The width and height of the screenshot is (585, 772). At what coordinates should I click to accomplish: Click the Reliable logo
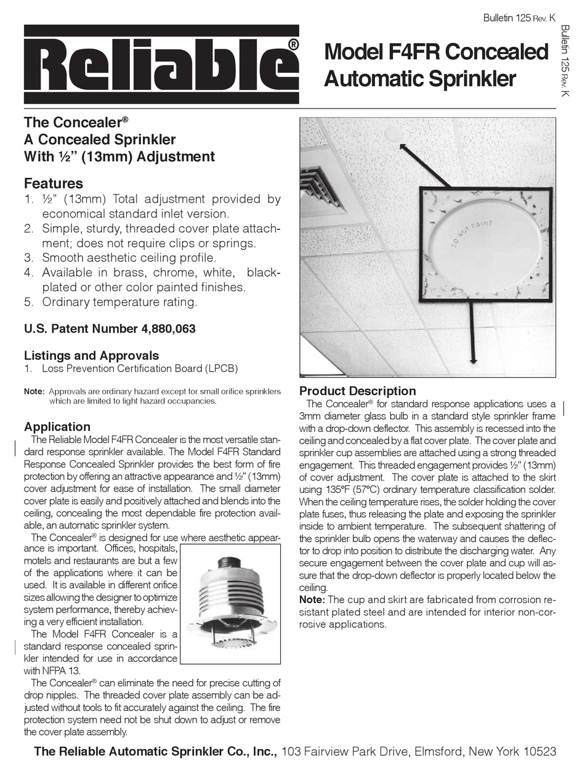point(161,64)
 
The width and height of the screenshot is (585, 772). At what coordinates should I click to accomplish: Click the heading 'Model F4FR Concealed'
point(436,52)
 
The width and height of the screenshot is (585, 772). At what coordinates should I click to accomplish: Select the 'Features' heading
point(53,183)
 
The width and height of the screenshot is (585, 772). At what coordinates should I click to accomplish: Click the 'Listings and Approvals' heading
point(91,356)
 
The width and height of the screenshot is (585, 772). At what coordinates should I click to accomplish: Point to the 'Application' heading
point(57,426)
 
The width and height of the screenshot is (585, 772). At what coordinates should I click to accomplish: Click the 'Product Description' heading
point(357,391)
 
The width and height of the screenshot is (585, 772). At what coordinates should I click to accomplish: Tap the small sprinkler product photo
point(227,604)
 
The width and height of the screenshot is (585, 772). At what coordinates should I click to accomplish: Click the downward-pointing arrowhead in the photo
point(473,362)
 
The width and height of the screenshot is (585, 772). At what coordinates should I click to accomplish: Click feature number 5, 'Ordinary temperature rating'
point(119,302)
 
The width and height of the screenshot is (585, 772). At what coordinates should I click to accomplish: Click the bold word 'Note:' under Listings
point(34,391)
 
